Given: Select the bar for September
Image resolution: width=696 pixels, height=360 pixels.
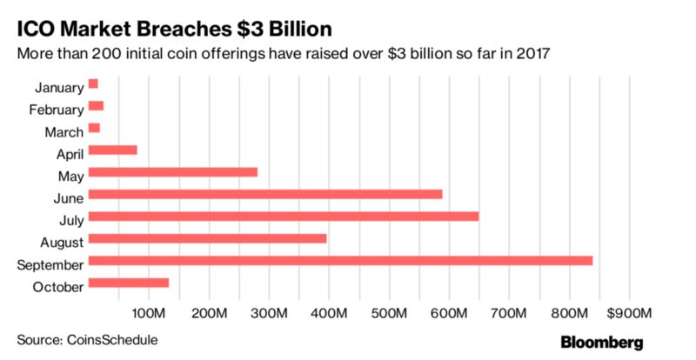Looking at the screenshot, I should click(340, 260).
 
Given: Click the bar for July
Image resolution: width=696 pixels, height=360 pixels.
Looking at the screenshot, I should click(284, 216).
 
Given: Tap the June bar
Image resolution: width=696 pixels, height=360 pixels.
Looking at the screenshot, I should click(265, 194).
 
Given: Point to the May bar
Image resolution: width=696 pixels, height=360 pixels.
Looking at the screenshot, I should click(173, 171).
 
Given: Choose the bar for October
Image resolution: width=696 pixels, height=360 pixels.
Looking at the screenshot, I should click(129, 283).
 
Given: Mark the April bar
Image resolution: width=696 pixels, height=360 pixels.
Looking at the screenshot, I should click(113, 150).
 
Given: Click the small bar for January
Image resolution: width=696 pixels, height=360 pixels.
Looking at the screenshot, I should click(93, 83).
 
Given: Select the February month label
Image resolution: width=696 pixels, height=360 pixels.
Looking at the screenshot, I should click(57, 110).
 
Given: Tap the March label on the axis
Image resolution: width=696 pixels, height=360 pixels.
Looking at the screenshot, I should click(64, 132).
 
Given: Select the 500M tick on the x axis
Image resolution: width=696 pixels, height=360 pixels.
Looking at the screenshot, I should click(388, 312).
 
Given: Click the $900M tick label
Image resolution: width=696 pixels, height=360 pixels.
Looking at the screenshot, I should click(626, 312).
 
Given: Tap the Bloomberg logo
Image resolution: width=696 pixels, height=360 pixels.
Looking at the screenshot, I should click(601, 340).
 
